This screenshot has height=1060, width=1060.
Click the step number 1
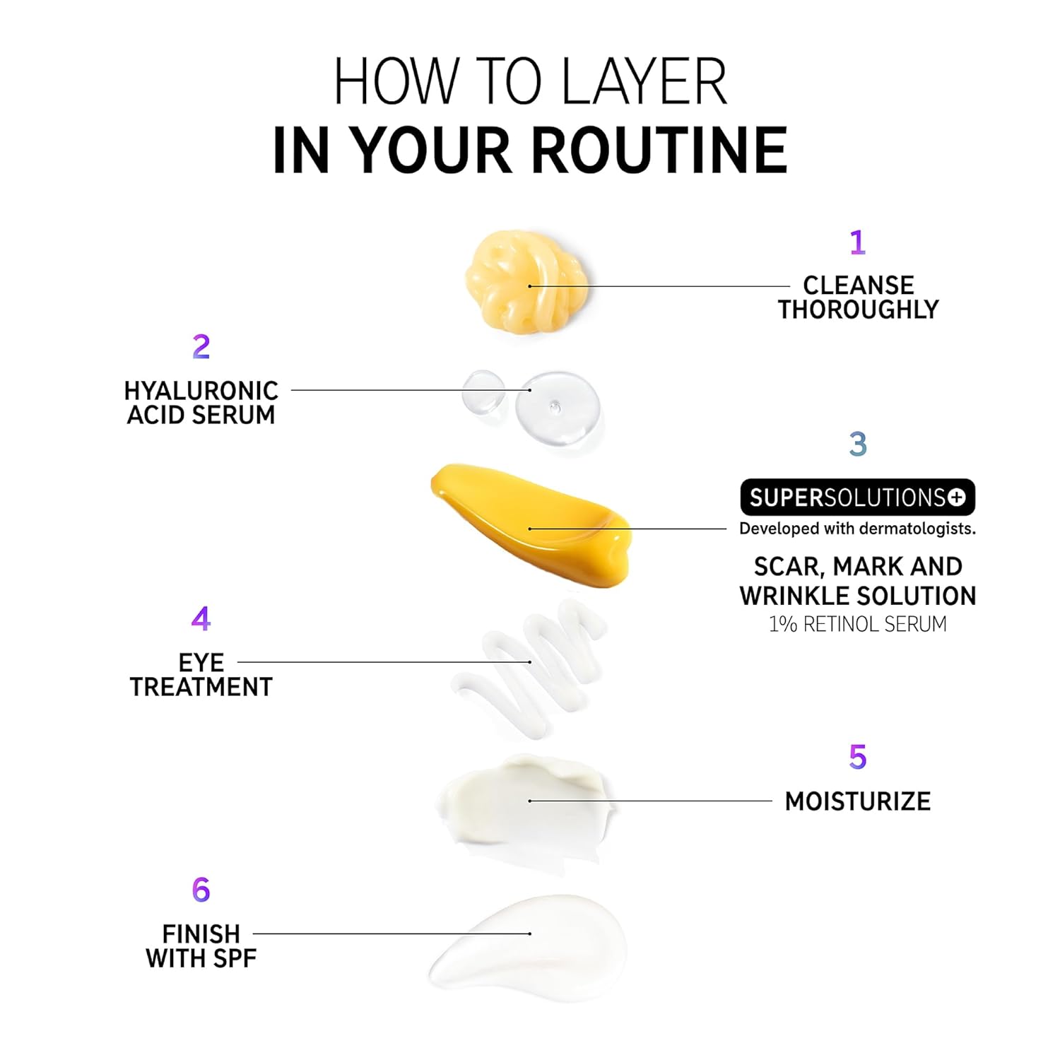(858, 242)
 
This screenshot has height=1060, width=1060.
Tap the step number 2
(201, 346)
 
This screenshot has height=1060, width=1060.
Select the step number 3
(858, 444)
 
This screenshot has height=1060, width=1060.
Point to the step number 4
(201, 619)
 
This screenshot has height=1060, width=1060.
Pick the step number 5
(858, 757)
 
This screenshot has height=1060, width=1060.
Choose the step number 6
(201, 890)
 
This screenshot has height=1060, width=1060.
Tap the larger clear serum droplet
(558, 408)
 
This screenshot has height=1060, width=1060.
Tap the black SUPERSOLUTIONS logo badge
(858, 497)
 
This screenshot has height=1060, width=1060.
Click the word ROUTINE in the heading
(659, 151)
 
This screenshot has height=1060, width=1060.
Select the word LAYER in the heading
(644, 81)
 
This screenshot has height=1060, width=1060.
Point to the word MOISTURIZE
(858, 801)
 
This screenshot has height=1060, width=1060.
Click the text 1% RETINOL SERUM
(858, 624)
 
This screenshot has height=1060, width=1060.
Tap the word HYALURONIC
(201, 391)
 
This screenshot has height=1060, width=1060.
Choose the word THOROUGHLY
(859, 310)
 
